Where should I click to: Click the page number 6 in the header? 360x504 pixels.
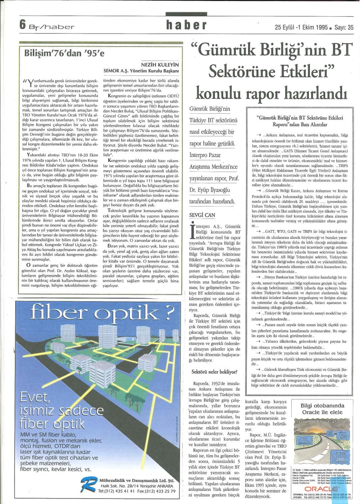point(22,25)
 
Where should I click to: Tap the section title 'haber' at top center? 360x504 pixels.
point(186,25)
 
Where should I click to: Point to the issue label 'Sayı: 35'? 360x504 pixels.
point(344,28)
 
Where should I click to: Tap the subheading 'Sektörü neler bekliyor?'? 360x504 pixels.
point(214,372)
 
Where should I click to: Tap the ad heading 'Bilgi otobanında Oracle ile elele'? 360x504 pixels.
point(322,409)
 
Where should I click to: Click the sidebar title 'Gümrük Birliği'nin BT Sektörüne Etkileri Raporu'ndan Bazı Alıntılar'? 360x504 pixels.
point(299,121)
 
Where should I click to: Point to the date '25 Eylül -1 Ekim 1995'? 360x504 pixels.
point(301,28)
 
